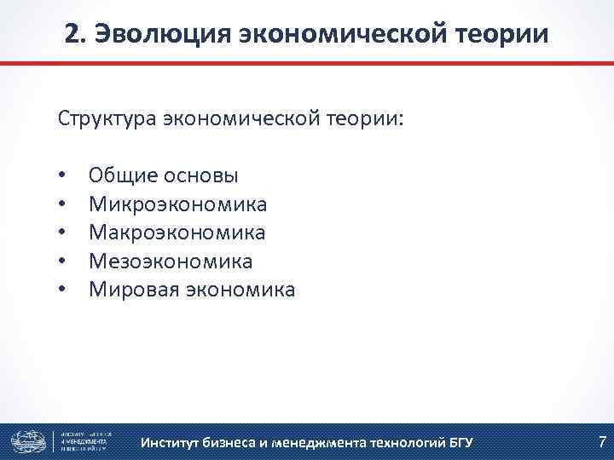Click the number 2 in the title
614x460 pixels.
click(72, 34)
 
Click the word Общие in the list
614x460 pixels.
click(123, 175)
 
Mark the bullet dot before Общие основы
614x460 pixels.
click(63, 176)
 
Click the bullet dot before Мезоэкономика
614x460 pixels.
click(63, 262)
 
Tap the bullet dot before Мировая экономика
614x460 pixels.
click(63, 290)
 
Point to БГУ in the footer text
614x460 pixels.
click(457, 442)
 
